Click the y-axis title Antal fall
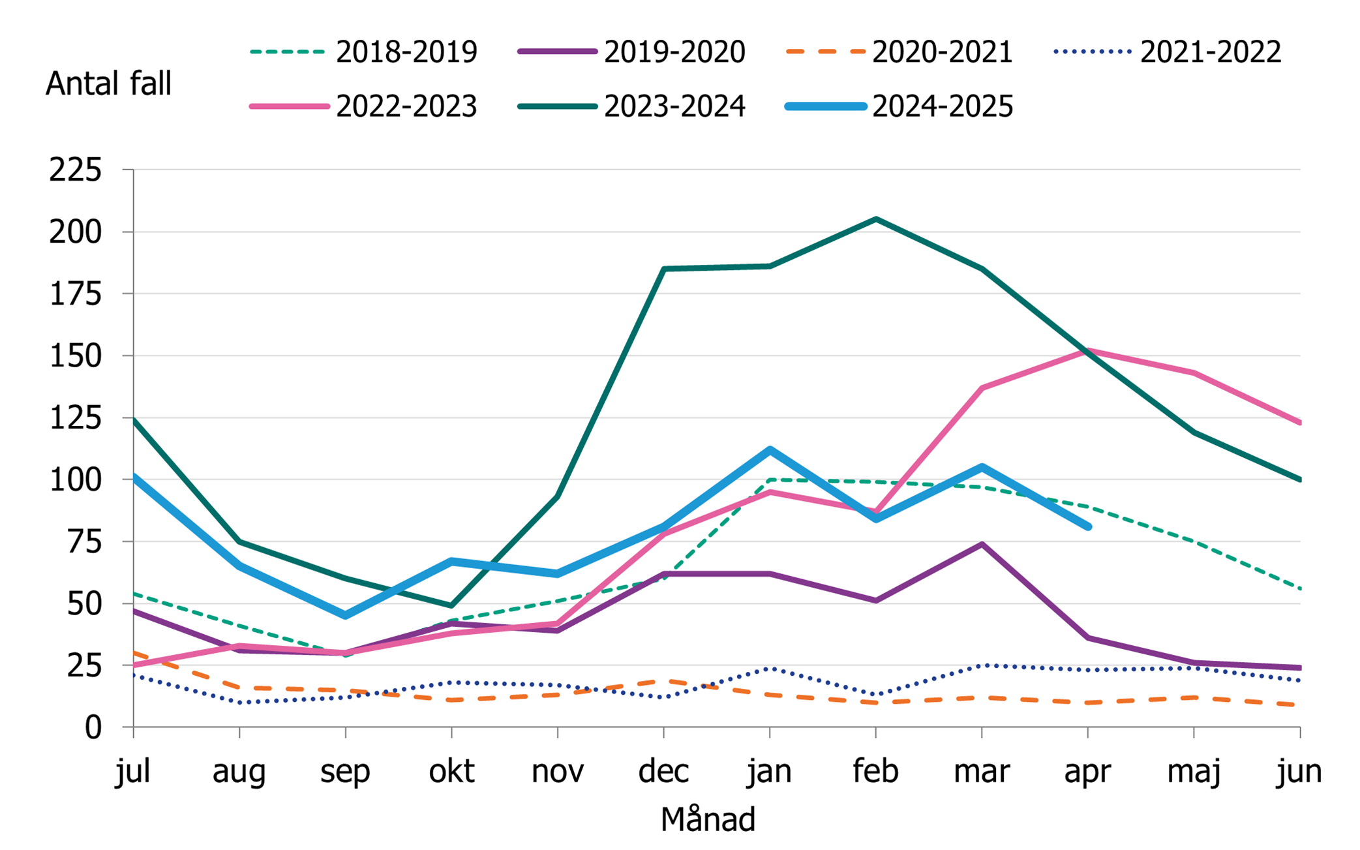108,83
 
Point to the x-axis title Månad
708,819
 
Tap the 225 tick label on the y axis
76,170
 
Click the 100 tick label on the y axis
76,480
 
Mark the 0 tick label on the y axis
93,727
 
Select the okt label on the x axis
451,772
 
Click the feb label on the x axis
875,772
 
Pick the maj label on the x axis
1193,772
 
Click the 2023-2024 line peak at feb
875,220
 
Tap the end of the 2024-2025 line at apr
1087,526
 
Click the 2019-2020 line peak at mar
982,545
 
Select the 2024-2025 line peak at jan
770,450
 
